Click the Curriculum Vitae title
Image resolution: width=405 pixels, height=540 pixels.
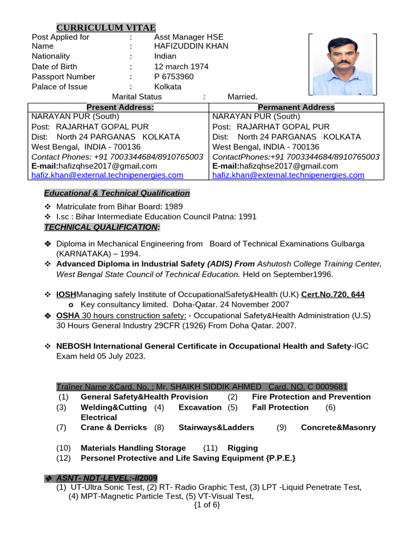tap(106, 27)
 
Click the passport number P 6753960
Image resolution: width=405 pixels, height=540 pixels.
tap(173, 76)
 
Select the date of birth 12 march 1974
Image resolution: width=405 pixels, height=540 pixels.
tap(181, 66)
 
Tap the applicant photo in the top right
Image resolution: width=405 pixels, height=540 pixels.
tap(342, 65)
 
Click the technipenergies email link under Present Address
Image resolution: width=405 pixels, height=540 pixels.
tap(108, 175)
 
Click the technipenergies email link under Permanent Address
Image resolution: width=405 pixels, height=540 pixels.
tap(288, 175)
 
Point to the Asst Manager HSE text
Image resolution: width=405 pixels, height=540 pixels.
tap(188, 37)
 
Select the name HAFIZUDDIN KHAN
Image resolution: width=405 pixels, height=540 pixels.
tap(191, 46)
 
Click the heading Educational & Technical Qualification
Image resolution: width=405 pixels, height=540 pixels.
tap(117, 193)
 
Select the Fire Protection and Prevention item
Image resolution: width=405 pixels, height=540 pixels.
tap(311, 397)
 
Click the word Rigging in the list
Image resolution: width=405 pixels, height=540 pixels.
tap(243, 448)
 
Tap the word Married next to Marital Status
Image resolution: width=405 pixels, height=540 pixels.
tap(243, 97)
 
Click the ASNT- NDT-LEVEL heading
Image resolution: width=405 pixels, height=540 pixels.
tap(105, 478)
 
